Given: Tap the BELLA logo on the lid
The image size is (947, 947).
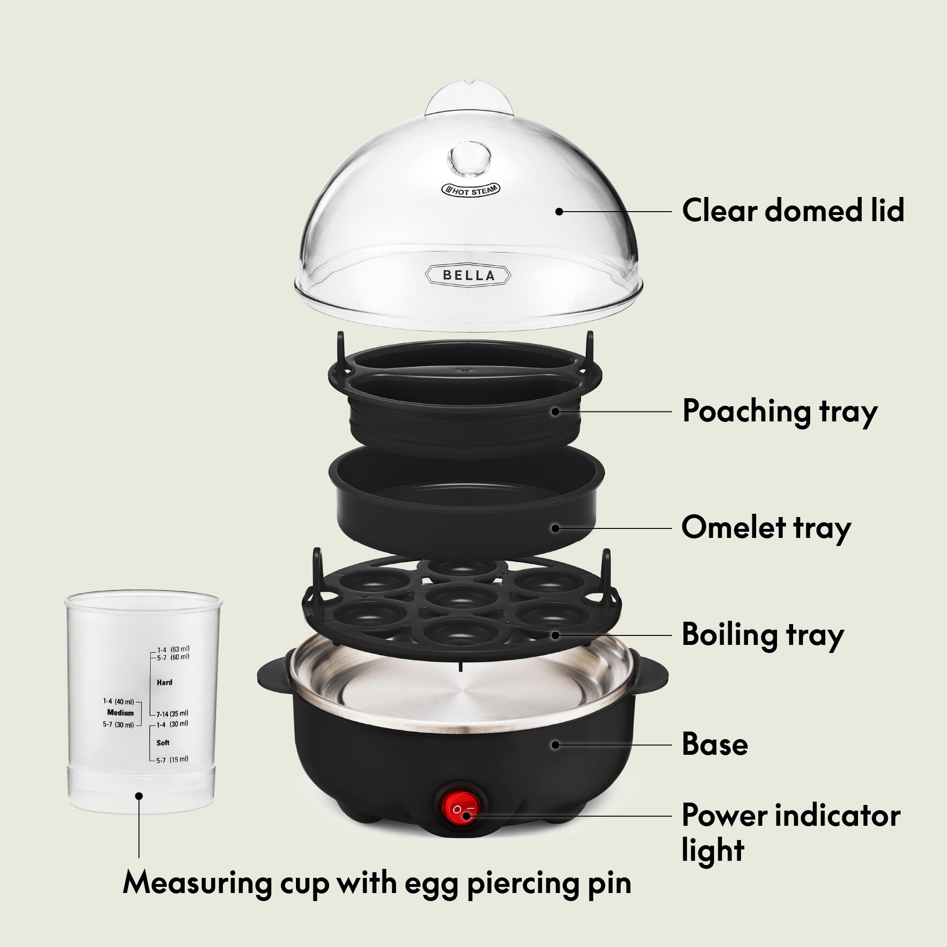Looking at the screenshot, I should point(468,275).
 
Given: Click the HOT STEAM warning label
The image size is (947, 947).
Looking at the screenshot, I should point(471,190).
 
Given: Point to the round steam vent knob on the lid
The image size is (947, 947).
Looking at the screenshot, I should point(469,158).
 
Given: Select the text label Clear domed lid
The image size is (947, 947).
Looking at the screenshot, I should point(793,210).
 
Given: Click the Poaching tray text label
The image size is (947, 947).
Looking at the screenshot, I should point(779,412).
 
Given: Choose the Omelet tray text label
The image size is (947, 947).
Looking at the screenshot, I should point(766,528).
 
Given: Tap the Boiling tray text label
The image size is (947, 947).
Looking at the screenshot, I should point(763,635).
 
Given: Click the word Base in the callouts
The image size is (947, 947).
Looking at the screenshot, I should point(715,744).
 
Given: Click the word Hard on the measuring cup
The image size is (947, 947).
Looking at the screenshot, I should point(164,682).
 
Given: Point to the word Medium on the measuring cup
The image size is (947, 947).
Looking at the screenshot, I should point(120,713).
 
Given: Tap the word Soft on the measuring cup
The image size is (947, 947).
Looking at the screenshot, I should point(163,742).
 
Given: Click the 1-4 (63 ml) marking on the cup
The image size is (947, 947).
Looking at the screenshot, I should point(173,650).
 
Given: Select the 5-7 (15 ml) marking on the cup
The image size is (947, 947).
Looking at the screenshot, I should point(171,760).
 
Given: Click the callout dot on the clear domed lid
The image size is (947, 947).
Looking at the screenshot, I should point(559,212).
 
